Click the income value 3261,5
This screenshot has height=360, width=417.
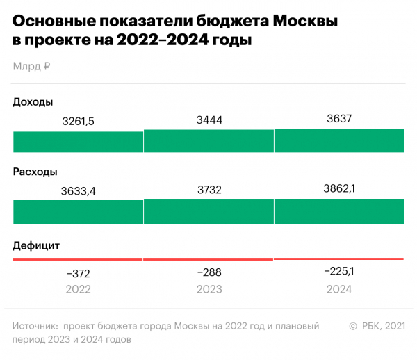78,122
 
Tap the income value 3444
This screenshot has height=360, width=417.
209,120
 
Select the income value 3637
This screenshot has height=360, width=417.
339,119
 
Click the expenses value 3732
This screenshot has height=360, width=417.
209,190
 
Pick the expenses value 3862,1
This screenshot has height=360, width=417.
339,188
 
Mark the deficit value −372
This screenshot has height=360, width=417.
78,273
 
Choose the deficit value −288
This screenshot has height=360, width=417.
209,272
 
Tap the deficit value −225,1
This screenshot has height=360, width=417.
339,271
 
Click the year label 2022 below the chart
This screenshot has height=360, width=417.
78,289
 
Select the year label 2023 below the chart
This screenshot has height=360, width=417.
209,289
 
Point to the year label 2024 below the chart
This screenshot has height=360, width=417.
339,289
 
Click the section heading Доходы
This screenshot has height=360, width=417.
33,102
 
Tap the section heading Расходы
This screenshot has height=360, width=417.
35,172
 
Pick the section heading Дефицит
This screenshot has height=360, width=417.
37,245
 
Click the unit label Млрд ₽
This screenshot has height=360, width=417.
31,67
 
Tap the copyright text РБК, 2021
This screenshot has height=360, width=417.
380,325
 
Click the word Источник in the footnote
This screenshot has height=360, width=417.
34,325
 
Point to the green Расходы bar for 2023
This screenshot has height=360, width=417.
209,211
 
